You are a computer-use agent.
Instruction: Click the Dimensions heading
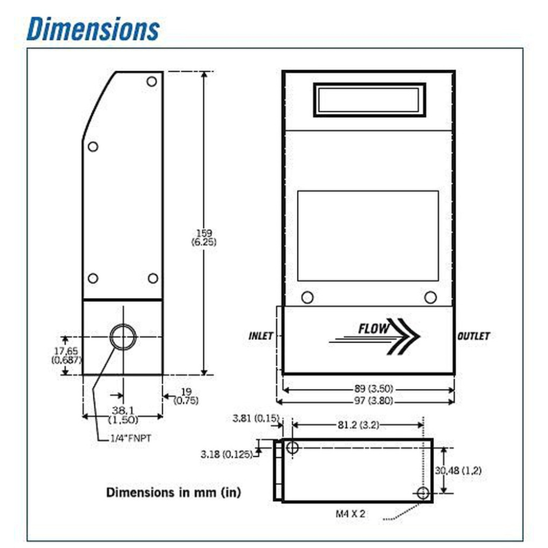click(93, 28)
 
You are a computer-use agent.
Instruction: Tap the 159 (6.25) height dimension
click(204, 237)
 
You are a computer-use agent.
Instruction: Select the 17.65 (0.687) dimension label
click(66, 355)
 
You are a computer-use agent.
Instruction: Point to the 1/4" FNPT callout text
click(131, 438)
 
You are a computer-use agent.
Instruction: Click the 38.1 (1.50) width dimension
click(123, 415)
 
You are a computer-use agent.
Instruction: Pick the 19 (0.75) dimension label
click(186, 396)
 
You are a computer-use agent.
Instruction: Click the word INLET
click(261, 336)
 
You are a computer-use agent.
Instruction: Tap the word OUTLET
click(473, 336)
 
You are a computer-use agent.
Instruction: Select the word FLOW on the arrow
click(374, 328)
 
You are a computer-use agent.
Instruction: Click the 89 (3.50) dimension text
click(374, 389)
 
